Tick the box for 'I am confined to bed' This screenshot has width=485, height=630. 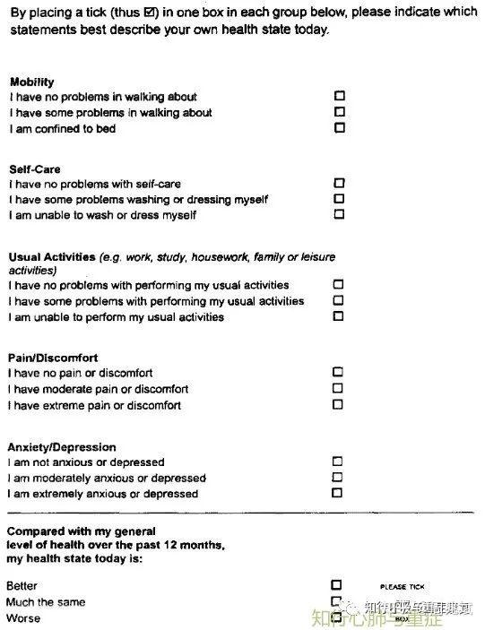click(x=339, y=127)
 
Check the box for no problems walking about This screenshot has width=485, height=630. click(x=339, y=95)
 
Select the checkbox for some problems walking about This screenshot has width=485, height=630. click(x=339, y=111)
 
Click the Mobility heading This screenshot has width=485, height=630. click(x=31, y=82)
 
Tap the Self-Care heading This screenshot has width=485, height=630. click(x=35, y=168)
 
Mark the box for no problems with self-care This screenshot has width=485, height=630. click(x=339, y=183)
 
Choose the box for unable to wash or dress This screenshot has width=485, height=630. click(x=339, y=214)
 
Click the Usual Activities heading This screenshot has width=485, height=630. click(x=52, y=257)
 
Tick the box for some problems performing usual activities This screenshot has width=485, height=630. click(x=338, y=300)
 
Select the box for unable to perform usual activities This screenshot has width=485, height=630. click(x=338, y=315)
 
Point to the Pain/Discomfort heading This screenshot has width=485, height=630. click(x=53, y=358)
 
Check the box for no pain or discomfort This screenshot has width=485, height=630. click(x=338, y=371)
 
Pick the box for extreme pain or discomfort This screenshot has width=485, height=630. click(x=338, y=404)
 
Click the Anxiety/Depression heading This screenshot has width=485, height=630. click(x=62, y=447)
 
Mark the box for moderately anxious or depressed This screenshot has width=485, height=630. click(x=338, y=477)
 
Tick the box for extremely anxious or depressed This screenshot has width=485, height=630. click(x=338, y=492)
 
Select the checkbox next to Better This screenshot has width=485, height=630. click(x=336, y=585)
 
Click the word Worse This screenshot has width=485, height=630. click(x=22, y=618)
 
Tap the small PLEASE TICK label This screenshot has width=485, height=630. click(x=403, y=587)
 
